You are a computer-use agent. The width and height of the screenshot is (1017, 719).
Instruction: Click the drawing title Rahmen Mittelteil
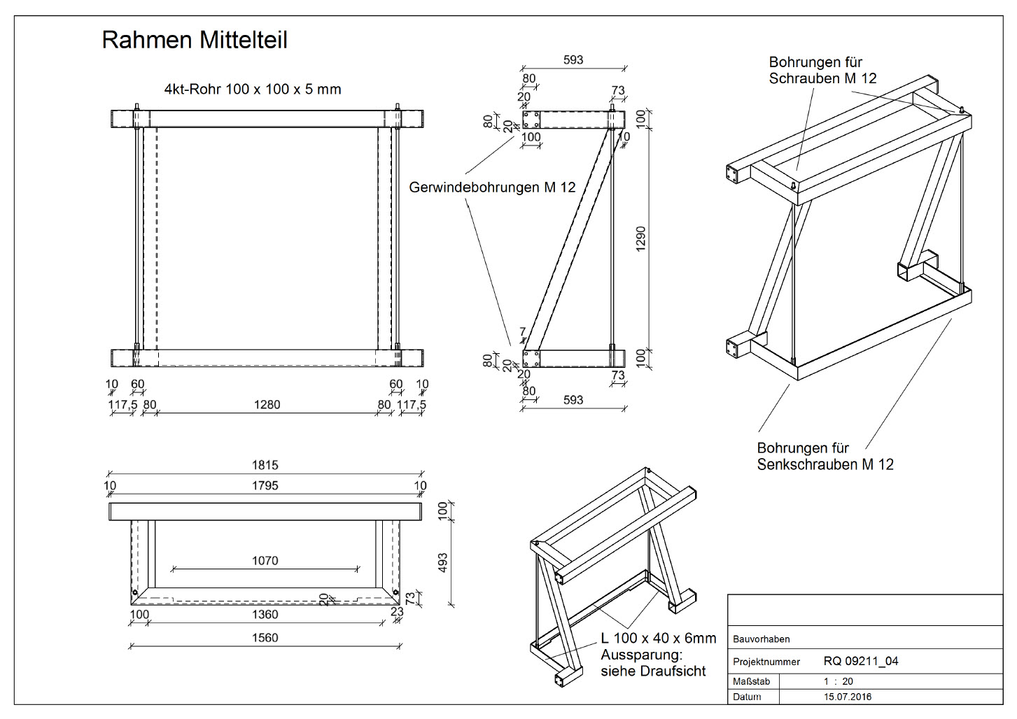pos(195,40)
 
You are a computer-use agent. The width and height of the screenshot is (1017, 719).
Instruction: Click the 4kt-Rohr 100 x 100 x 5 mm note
pos(253,89)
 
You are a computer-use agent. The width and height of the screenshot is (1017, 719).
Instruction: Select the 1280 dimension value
pos(267,404)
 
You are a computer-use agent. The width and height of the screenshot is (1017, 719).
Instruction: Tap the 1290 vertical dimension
pos(641,239)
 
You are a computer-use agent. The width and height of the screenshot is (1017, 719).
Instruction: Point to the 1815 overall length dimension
pos(265,465)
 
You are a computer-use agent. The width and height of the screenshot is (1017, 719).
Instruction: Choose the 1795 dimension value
pos(265,485)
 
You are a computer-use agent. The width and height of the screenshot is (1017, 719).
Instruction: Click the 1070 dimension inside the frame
pos(265,560)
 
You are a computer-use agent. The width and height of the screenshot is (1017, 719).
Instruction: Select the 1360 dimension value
pos(265,614)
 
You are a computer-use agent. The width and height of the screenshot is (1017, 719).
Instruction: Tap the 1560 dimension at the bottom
pos(265,637)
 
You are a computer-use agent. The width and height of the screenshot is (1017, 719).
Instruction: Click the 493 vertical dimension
pos(442,563)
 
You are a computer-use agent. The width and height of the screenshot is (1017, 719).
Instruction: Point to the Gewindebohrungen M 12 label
pos(492,187)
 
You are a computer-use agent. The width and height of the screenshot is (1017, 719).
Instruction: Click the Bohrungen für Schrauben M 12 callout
pos(822,70)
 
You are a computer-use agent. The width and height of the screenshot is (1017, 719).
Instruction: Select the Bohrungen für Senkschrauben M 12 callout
pos(825,456)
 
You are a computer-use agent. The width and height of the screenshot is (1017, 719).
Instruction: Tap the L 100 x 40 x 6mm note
pos(658,639)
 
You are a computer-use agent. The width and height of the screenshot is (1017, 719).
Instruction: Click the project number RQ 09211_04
pos(860,661)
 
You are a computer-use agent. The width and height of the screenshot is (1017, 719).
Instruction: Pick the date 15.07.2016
pos(847,697)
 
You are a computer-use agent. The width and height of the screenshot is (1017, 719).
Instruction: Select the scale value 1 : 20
pos(838,681)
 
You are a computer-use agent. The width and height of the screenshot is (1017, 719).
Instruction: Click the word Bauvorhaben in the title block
pos(761,639)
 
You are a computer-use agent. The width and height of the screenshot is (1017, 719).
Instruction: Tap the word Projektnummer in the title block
pos(766,662)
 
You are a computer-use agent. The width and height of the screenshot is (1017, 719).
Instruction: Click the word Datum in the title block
pos(747,697)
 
